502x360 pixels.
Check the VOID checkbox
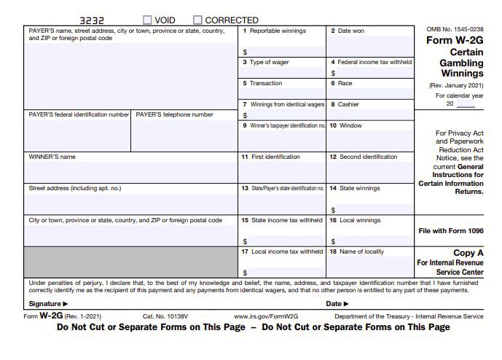[x=148, y=20]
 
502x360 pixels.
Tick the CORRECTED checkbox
[x=197, y=20]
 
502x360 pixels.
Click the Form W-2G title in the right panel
[x=455, y=41]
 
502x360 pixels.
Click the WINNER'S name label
[x=52, y=157]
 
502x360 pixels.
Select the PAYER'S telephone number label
[x=175, y=114]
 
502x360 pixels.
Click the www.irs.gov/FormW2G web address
[x=266, y=317]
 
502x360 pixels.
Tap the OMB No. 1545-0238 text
[x=455, y=29]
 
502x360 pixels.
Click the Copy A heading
[x=468, y=253]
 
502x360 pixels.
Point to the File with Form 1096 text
[x=450, y=231]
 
